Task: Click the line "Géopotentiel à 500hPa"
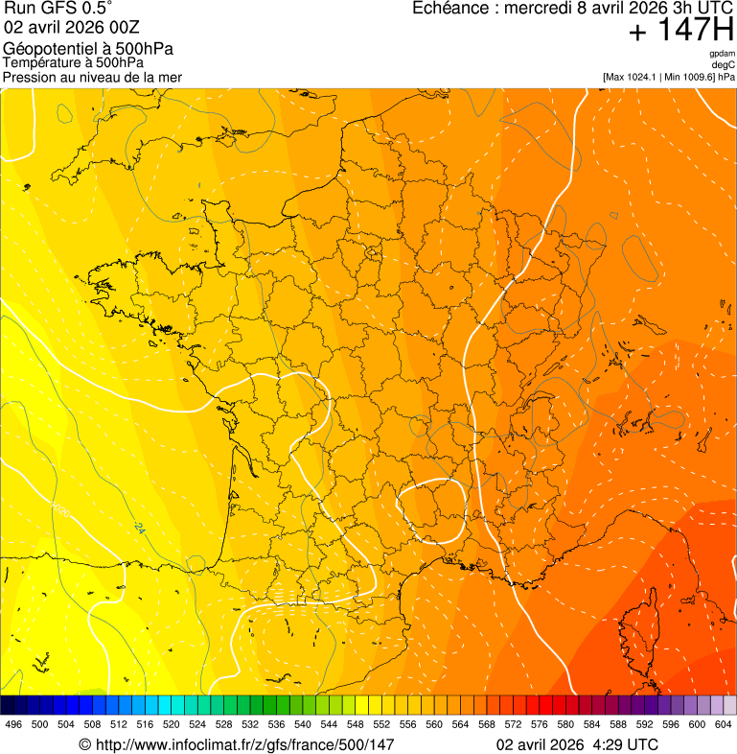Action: coord(88,49)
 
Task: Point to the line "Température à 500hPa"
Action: coord(80,63)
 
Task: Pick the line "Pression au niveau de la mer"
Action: coord(92,77)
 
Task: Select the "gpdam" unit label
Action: coord(723,54)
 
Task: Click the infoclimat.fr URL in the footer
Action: coord(245,744)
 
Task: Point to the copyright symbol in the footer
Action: coord(84,744)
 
